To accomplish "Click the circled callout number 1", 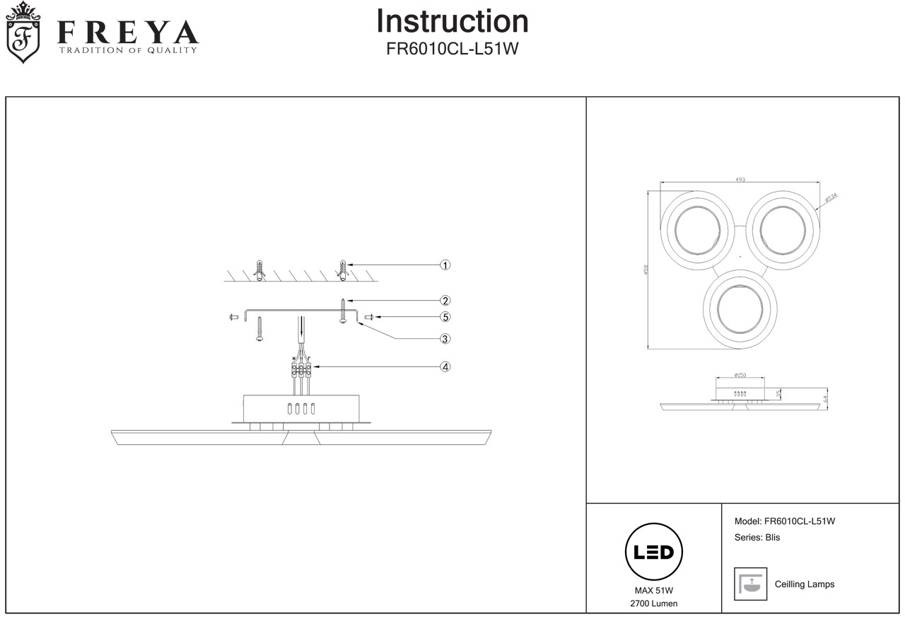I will pyautogui.click(x=445, y=265).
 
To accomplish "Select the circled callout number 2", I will pyautogui.click(x=445, y=301).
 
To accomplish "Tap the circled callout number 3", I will pyautogui.click(x=445, y=339).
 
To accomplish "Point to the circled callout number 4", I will pyautogui.click(x=445, y=367).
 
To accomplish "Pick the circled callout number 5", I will pyautogui.click(x=445, y=317).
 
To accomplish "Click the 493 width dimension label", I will pyautogui.click(x=740, y=180).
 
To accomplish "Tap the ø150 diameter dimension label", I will pyautogui.click(x=740, y=376).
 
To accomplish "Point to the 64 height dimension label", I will pyautogui.click(x=825, y=398).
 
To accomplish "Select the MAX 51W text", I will pyautogui.click(x=654, y=591).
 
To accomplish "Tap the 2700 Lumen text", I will pyautogui.click(x=654, y=603).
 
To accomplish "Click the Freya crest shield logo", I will pyautogui.click(x=23, y=33).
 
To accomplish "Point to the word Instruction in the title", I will pyautogui.click(x=452, y=21).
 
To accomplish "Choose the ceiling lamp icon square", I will pyautogui.click(x=750, y=584).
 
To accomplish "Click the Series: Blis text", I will pyautogui.click(x=757, y=538).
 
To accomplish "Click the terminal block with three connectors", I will pyautogui.click(x=301, y=369).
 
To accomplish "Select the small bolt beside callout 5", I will pyautogui.click(x=369, y=317).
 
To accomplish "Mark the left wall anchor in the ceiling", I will pyautogui.click(x=259, y=270).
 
